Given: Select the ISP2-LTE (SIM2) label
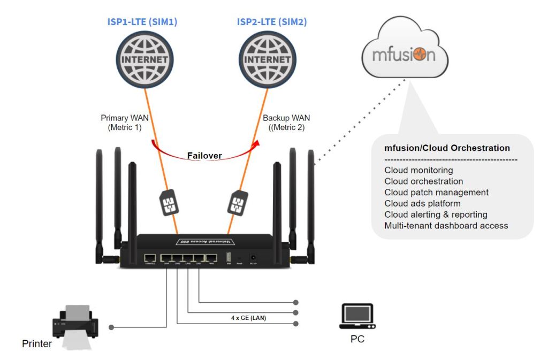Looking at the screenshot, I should point(272,22).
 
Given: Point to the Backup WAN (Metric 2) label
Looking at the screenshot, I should point(286,122).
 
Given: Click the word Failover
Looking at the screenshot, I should point(204,156).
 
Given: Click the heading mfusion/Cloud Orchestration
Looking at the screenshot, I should point(447,148).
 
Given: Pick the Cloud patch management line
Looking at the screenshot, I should point(436,193).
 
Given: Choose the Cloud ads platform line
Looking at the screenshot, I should point(422,203).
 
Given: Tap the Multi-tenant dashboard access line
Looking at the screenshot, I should point(446,226).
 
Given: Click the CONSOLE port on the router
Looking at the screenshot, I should point(150,258).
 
